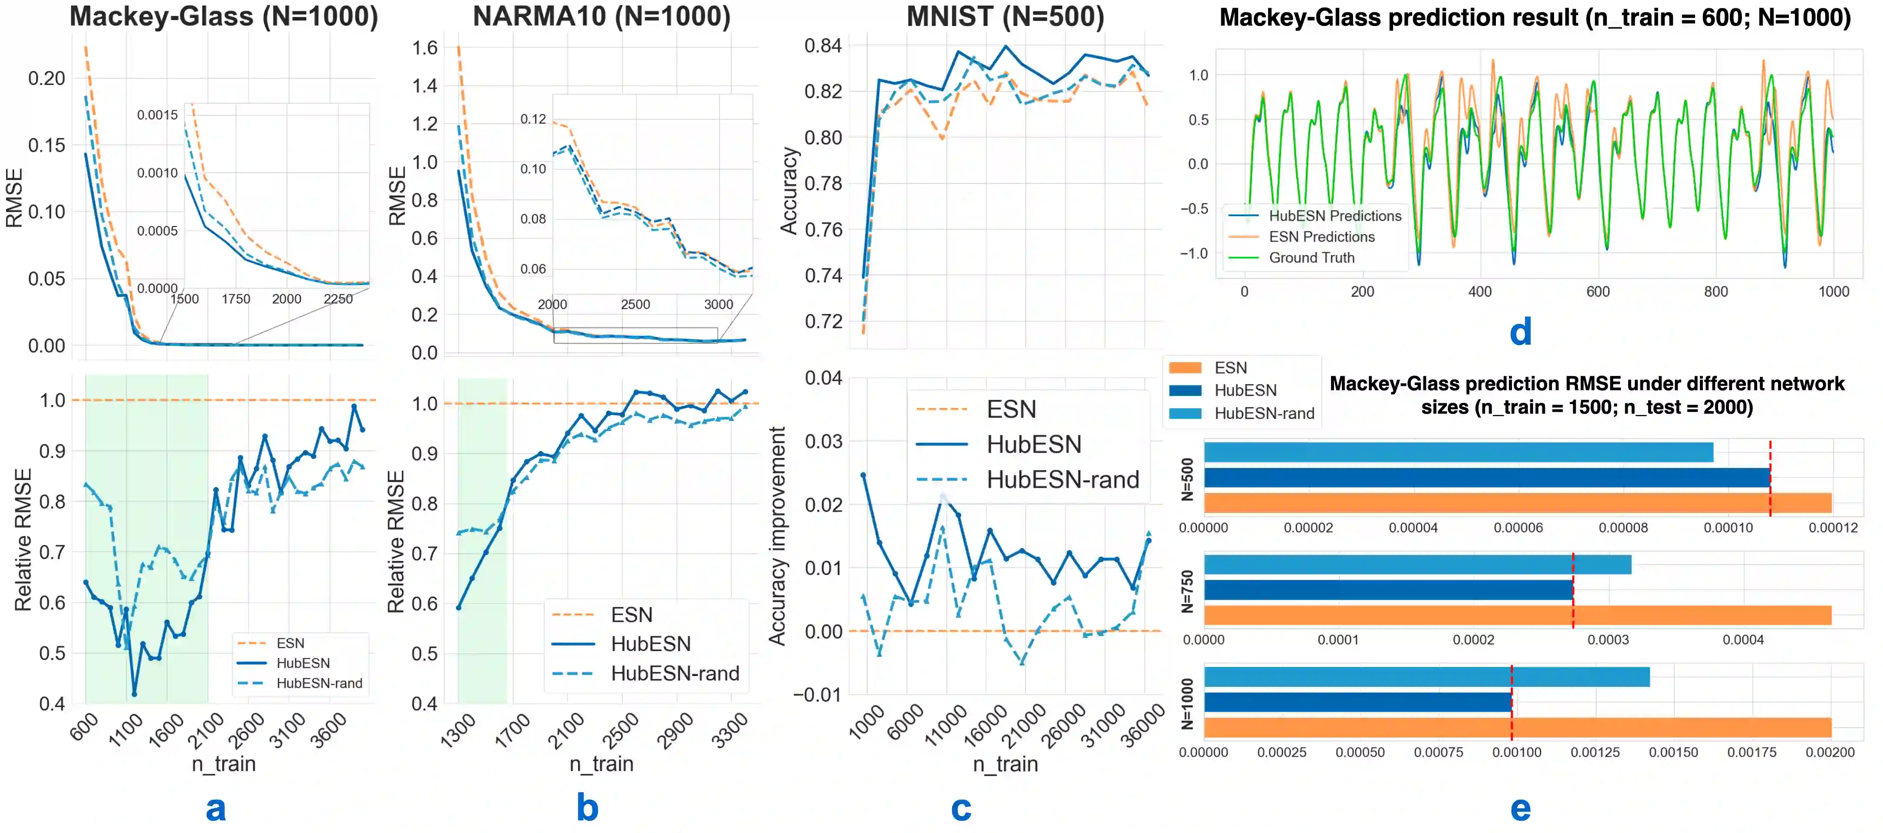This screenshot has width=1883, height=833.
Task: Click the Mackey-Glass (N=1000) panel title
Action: tap(223, 17)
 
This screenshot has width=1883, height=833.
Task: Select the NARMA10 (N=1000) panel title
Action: tap(601, 17)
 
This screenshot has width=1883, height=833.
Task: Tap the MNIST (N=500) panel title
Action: tap(1005, 17)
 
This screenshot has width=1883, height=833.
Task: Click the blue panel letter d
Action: tap(1521, 333)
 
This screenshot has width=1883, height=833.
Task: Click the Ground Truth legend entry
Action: tap(1311, 258)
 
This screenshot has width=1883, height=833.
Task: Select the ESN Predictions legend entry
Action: tap(1321, 237)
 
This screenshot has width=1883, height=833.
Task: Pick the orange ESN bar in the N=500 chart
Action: tap(1517, 503)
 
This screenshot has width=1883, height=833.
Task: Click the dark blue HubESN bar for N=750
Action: tap(1388, 590)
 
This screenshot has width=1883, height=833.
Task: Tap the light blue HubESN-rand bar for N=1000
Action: tap(1426, 676)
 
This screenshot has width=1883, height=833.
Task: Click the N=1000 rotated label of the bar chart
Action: tap(1188, 704)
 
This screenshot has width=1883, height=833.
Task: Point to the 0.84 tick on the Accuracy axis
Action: tap(823, 46)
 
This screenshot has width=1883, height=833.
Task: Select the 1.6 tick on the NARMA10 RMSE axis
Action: tap(425, 48)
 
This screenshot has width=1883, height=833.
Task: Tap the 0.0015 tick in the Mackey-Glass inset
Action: tap(157, 115)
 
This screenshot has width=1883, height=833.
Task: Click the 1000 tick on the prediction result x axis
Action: tap(1833, 291)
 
